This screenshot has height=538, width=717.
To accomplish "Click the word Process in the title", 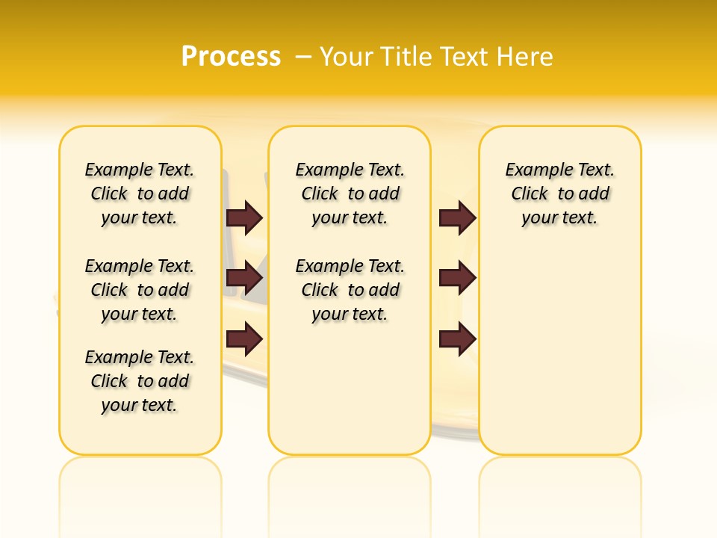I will coord(231,56).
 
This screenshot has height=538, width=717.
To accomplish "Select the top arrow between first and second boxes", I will coord(244,217).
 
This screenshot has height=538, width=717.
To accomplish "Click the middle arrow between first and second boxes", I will coord(244,278).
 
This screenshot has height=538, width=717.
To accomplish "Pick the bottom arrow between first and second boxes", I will coord(244,339).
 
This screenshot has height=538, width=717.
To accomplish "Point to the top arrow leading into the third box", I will coord(457,217).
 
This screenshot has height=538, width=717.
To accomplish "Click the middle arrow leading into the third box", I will coord(457,278).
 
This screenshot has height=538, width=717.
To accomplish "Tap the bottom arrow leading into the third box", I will coord(457,339).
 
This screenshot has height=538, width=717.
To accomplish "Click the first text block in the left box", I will coord(140,194).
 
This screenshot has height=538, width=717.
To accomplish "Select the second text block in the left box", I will coord(140,290).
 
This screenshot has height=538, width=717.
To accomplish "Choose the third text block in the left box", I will coord(140,381).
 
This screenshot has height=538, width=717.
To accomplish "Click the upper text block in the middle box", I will coord(350,194).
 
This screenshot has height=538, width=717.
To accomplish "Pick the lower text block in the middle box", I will coord(350,290).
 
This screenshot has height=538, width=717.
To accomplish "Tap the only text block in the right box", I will coord(560,194).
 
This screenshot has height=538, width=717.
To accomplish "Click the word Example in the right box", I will coord(535,170).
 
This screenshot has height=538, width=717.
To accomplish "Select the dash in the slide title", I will coord(303,57).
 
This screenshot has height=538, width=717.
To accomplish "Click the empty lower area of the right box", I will coord(560,359).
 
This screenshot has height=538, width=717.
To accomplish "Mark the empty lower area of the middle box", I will coord(350,389).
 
